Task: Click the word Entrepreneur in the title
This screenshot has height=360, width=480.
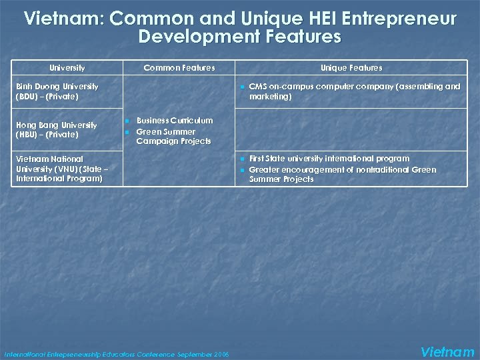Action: coord(401,19)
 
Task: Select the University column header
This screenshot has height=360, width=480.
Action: coord(67,68)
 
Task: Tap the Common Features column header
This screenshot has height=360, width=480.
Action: coord(179,68)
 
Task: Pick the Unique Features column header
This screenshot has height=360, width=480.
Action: coord(351,68)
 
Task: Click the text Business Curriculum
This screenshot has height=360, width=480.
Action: coord(175,121)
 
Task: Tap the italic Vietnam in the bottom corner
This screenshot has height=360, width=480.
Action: coord(448,351)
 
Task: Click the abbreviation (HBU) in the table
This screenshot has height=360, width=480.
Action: coord(27,135)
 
